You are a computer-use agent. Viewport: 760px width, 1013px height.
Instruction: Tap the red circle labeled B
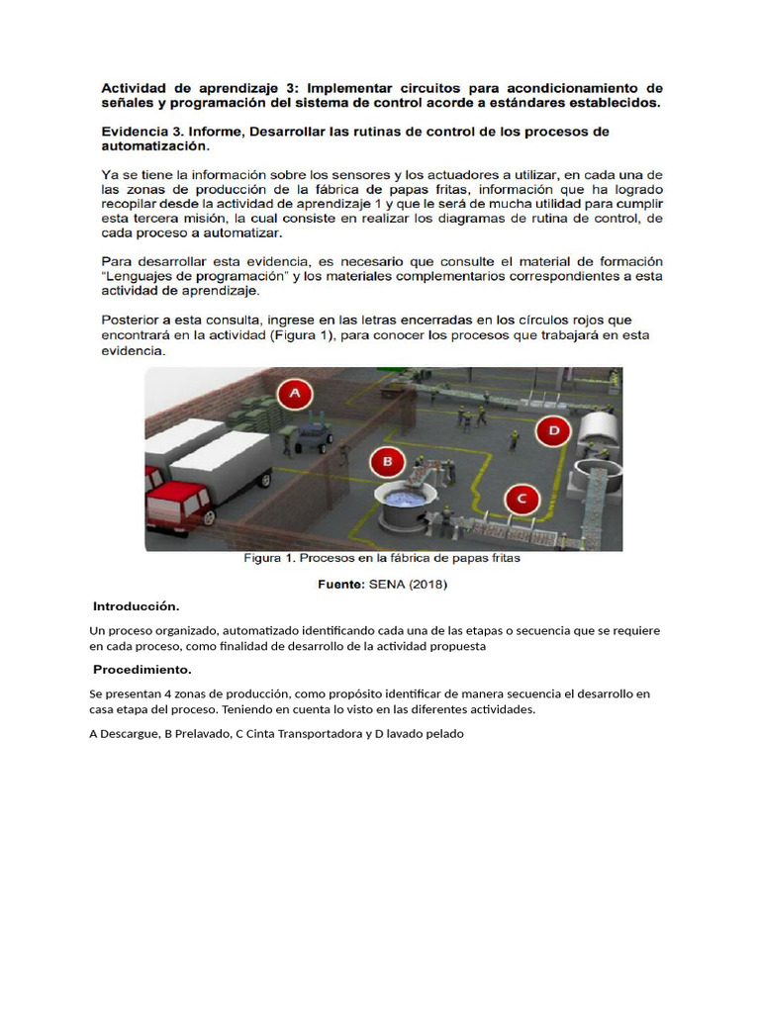(x=388, y=461)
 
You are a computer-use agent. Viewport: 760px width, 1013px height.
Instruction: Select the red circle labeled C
(x=522, y=499)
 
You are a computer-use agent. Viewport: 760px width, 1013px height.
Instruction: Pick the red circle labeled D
(x=553, y=430)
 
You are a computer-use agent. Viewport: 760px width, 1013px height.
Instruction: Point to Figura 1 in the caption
(x=269, y=558)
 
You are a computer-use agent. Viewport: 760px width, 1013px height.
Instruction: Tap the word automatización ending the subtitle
(x=155, y=146)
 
